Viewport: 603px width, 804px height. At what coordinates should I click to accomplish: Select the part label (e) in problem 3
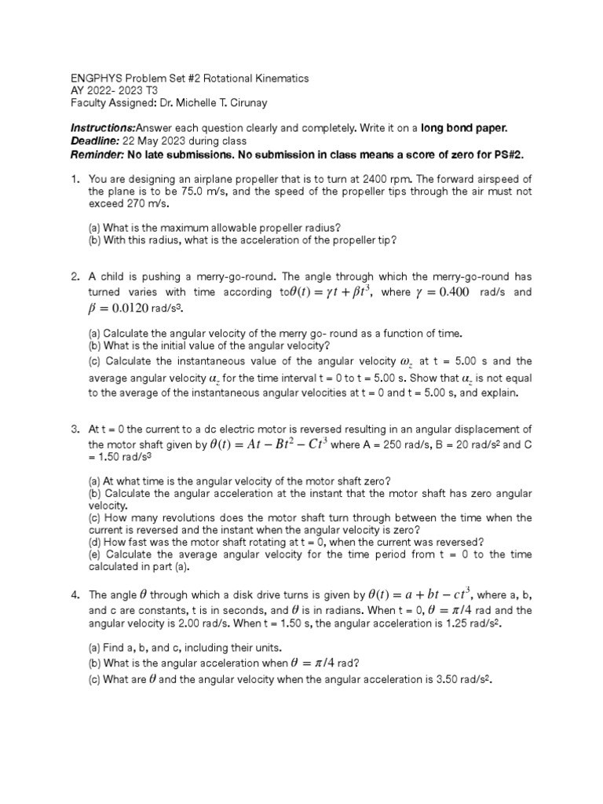click(x=94, y=554)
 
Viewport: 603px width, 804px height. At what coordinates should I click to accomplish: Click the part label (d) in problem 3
click(x=94, y=542)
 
